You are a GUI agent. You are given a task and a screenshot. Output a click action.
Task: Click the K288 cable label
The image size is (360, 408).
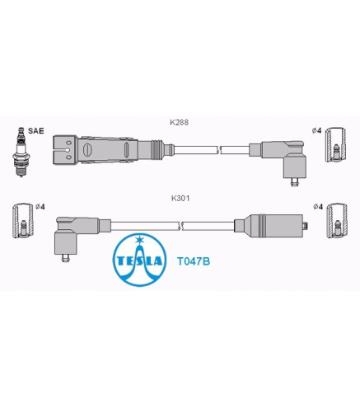point(179,122)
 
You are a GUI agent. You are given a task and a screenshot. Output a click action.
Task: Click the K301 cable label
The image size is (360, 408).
point(180,198)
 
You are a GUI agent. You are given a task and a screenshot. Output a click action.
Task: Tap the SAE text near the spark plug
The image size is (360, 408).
point(36,131)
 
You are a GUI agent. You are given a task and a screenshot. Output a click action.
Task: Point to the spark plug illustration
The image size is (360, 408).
point(21,152)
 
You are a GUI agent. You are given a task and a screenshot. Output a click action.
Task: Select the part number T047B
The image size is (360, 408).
point(194,261)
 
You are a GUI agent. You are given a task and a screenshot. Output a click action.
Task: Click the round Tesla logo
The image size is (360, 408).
point(140,260)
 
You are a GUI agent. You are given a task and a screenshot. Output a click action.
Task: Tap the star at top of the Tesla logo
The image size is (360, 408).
point(140,239)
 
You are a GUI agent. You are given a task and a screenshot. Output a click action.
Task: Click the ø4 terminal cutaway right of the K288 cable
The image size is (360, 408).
point(335,144)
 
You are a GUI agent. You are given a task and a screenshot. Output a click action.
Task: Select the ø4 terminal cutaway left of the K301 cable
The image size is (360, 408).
point(23,221)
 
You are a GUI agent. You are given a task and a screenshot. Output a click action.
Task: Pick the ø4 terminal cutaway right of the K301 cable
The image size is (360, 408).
point(337,221)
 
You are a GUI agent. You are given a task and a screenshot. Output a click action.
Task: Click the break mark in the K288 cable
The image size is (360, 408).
point(219,150)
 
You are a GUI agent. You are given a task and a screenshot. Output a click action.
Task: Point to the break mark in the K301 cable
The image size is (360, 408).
point(180,226)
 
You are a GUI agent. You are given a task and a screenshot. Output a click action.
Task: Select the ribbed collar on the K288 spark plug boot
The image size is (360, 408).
point(157,150)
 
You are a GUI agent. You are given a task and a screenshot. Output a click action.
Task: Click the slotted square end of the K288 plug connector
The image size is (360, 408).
point(65,150)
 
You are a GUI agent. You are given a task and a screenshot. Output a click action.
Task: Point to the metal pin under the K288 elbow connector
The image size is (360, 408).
point(295,182)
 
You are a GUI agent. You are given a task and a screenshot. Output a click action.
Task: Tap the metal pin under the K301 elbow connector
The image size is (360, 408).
point(65,258)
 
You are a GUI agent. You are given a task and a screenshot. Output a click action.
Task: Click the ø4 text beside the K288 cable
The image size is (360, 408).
point(316,131)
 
